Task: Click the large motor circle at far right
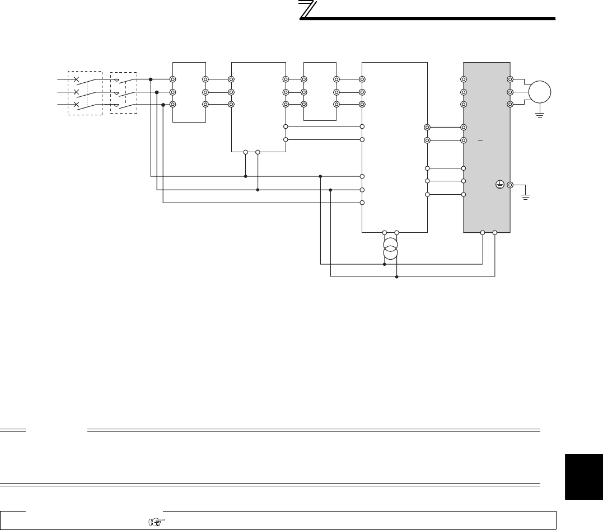(540, 92)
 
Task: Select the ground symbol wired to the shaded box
(525, 196)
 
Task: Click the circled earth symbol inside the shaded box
(500, 184)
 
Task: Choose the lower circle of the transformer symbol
(390, 254)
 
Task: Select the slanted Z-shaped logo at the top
(307, 10)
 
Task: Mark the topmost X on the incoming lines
(76, 79)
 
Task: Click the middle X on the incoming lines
(76, 92)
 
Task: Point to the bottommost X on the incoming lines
(76, 104)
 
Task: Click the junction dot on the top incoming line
(151, 79)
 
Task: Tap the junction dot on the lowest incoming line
(163, 104)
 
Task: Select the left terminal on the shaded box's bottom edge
(483, 232)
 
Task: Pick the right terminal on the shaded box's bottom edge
(495, 232)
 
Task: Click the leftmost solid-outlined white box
(189, 92)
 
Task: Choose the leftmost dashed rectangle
(85, 93)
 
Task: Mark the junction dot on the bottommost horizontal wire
(396, 276)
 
